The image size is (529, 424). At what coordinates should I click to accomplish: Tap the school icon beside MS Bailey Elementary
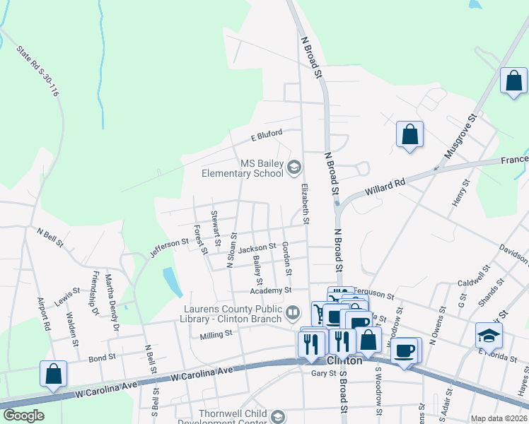point(294,167)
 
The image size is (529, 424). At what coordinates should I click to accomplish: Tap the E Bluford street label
point(266,134)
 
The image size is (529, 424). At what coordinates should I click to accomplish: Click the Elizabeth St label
point(305,204)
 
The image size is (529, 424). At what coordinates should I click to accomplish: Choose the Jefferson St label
point(169,247)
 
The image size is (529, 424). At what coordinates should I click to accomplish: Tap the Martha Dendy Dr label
point(111,303)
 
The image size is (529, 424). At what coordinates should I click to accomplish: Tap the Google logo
point(24,416)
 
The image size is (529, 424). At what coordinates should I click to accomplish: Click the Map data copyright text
point(499,418)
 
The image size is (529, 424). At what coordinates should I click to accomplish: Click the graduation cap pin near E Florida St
point(489,334)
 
